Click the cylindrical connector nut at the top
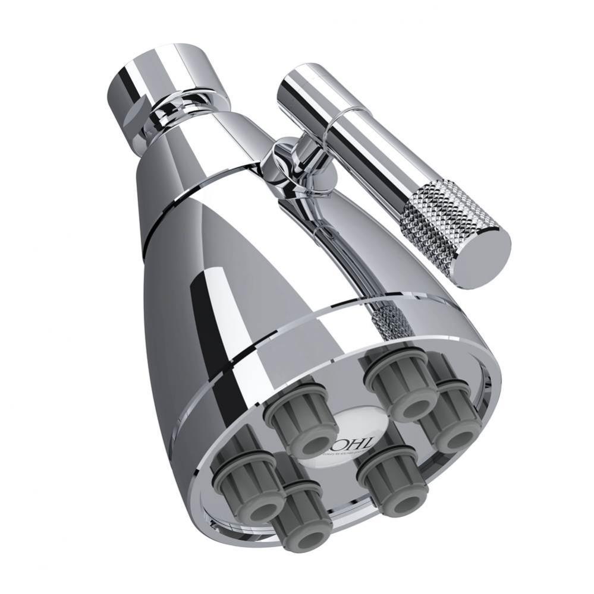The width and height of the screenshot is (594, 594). [161, 77]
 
